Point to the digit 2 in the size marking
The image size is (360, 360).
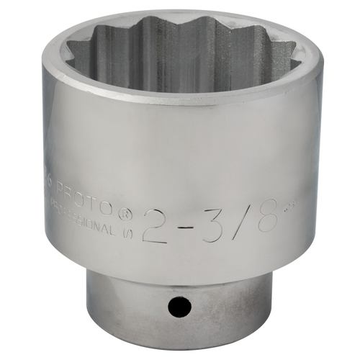(157, 225)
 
